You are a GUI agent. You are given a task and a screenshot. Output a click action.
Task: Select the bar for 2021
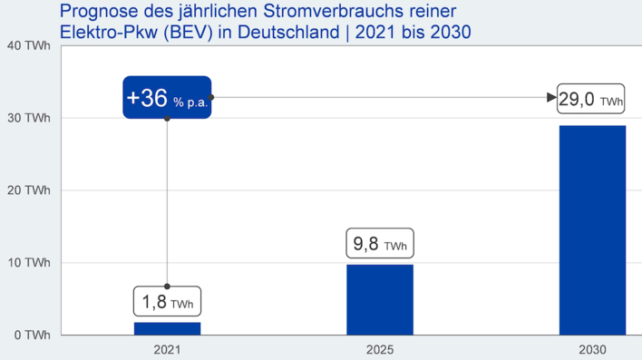pos(167,328)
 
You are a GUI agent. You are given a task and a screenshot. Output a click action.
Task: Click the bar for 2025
pos(380,299)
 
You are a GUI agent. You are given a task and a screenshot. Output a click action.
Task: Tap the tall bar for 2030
pos(592,230)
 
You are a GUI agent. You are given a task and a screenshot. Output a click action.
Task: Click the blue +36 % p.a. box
pos(167,98)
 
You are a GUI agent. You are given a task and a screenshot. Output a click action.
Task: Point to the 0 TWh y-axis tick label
pos(30,335)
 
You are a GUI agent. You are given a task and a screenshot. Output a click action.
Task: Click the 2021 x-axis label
pos(167,349)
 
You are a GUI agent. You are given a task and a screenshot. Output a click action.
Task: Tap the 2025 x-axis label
pos(380,349)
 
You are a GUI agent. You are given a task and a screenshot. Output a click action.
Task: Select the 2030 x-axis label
pos(592,349)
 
